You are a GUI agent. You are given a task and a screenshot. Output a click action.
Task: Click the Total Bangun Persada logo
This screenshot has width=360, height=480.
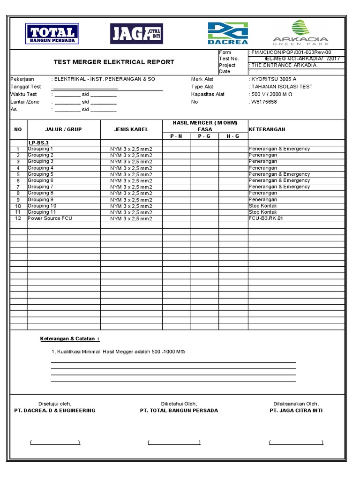(x=52, y=34)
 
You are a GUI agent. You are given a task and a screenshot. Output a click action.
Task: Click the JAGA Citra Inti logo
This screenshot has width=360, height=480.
(x=136, y=34)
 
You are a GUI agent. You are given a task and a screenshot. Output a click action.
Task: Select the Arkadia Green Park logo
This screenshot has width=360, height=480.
(x=300, y=32)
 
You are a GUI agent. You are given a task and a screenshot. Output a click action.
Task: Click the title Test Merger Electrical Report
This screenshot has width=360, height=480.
(x=114, y=62)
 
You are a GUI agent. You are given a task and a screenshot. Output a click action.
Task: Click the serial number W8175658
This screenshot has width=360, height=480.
(x=264, y=102)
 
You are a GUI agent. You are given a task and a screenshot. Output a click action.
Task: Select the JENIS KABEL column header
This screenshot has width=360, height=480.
(x=131, y=129)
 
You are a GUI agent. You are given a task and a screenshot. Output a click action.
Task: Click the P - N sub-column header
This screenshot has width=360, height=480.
(x=176, y=136)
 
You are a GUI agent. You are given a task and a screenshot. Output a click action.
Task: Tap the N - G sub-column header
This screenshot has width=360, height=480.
(x=233, y=136)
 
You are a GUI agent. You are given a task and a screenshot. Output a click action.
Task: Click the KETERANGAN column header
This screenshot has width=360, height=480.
(x=267, y=129)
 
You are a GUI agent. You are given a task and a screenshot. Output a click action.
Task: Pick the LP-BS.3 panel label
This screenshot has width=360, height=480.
(x=38, y=142)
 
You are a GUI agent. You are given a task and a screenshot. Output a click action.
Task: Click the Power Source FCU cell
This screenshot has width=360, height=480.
(x=50, y=218)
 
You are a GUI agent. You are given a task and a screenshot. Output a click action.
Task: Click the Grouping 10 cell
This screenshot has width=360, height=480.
(x=42, y=206)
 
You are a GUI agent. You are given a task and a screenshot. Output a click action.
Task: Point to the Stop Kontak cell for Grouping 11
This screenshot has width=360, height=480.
(x=263, y=212)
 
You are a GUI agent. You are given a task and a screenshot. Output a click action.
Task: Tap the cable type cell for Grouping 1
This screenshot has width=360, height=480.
(x=131, y=149)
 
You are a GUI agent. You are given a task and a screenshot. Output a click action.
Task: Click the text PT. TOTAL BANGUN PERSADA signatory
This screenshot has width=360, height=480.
(x=179, y=410)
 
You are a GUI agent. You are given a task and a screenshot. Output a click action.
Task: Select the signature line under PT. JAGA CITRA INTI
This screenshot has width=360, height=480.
(x=296, y=442)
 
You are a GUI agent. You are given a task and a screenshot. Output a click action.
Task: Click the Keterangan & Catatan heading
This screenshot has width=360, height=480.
(x=69, y=338)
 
